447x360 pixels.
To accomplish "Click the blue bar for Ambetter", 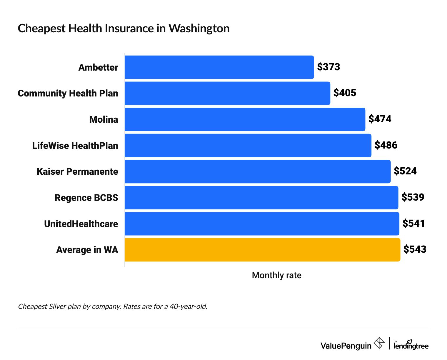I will pos(219,67).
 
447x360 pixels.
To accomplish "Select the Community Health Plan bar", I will pos(227,93).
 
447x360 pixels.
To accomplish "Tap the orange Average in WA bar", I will pos(262,250).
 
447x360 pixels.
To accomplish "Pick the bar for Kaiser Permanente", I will pos(257,171).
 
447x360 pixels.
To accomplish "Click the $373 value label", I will pos(328,67).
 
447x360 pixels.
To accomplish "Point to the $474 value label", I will pos(380,119).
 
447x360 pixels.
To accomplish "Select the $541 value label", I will pos(414,224).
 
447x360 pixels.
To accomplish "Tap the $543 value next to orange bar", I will pos(415,249).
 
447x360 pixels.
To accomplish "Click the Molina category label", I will pos(104,119).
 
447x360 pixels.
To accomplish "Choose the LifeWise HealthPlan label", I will pos(75,146).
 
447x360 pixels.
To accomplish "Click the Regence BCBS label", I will pos(86,198).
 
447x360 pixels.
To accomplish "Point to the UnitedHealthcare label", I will pos(81,224).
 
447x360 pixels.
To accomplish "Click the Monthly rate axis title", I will pos(276,275).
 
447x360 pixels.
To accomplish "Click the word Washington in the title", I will pos(199,29).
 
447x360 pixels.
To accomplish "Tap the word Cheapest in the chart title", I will pos(41,29).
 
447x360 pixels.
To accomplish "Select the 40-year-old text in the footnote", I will pos(188,306).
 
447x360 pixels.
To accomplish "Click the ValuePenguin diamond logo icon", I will pos(379,343).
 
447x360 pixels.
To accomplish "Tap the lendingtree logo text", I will pos(411,346).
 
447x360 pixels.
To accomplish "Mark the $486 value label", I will pos(386,145).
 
